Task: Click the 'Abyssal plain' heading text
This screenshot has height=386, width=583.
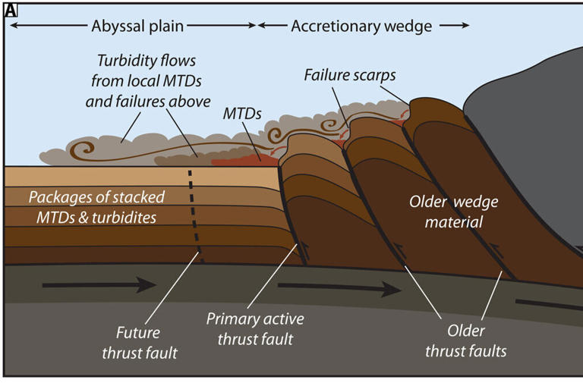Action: [x=137, y=27]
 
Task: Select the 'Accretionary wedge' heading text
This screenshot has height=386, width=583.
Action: [x=361, y=27]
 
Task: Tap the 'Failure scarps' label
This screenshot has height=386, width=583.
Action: [x=351, y=75]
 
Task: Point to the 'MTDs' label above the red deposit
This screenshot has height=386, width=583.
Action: [x=242, y=114]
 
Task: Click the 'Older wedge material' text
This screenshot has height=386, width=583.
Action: [x=446, y=212]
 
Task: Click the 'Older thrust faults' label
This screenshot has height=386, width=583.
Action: [x=465, y=341]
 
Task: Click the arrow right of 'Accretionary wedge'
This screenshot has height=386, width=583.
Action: [x=455, y=27]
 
